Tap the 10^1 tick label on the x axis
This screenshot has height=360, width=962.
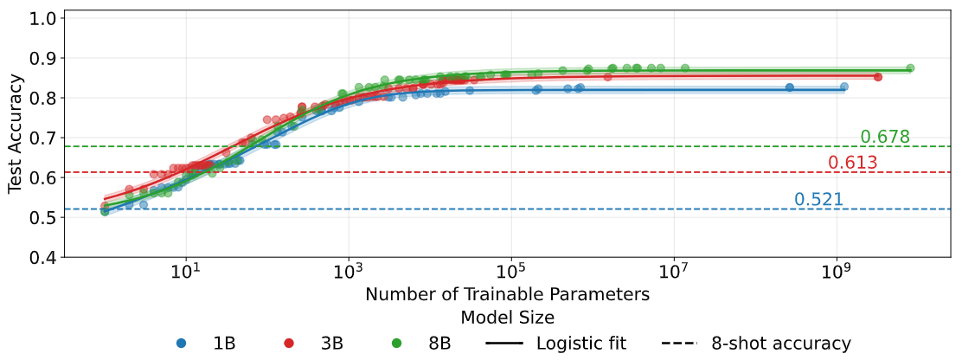[x=185, y=273]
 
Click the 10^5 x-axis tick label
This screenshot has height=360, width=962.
[x=510, y=273]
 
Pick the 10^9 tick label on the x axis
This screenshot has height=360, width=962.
[x=837, y=273]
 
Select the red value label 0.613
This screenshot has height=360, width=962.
[x=852, y=163]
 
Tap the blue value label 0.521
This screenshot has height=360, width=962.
[x=818, y=200]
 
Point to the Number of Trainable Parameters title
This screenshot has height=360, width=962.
[x=507, y=295]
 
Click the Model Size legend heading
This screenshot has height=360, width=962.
[x=507, y=317]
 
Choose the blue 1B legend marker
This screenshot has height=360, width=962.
[x=180, y=344]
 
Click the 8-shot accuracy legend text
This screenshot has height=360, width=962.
[x=780, y=344]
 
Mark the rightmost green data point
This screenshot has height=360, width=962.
[x=910, y=68]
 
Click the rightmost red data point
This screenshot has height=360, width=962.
[x=877, y=77]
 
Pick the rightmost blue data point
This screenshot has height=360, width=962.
[x=843, y=87]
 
